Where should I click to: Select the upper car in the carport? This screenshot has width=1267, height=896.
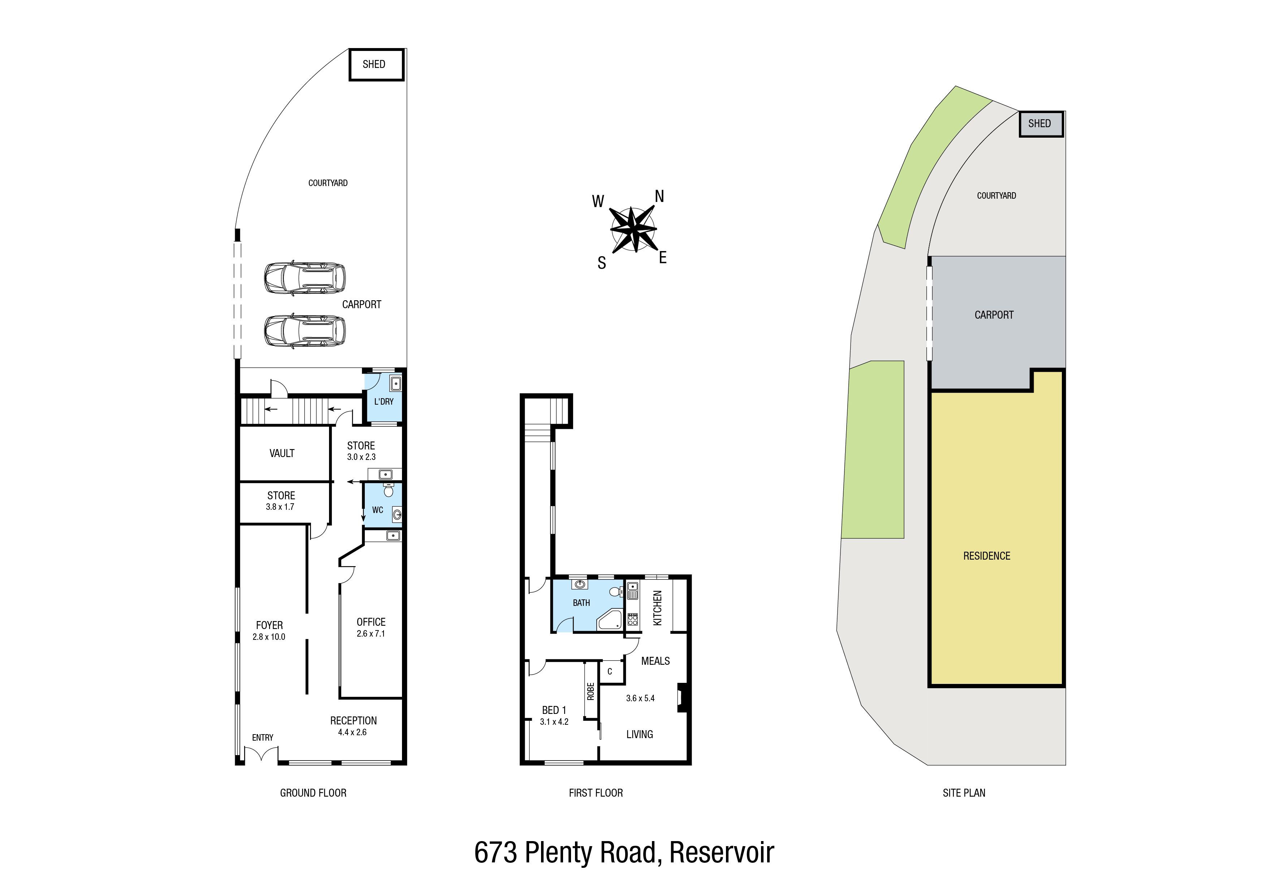coord(304,278)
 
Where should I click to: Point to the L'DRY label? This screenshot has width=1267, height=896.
coord(384,401)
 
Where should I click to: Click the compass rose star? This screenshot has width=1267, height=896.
coord(633,229)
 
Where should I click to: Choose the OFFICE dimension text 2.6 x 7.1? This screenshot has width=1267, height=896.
coord(371,634)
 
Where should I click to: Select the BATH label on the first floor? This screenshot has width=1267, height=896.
coord(581,603)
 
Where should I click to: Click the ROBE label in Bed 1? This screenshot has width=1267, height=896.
coord(591,691)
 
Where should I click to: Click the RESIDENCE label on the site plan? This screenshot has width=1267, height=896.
coord(987,556)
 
